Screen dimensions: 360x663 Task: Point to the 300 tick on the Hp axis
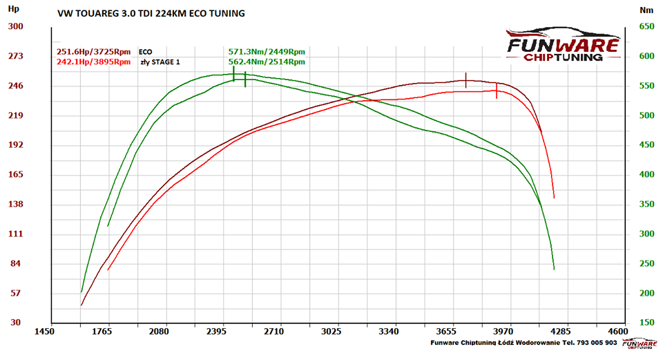(15, 27)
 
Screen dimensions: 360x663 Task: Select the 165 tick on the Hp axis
(15, 175)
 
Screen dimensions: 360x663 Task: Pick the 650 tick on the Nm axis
(646, 27)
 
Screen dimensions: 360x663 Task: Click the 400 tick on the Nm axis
(646, 175)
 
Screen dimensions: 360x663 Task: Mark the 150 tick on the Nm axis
(646, 323)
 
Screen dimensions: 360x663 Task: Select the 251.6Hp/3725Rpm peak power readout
(94, 52)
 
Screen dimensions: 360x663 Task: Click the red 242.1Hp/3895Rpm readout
(94, 61)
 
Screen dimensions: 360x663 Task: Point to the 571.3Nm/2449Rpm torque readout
(267, 52)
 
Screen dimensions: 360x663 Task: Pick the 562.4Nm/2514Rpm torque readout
(267, 61)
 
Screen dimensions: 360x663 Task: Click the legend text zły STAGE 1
(160, 62)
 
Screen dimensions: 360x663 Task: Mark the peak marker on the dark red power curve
(466, 80)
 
